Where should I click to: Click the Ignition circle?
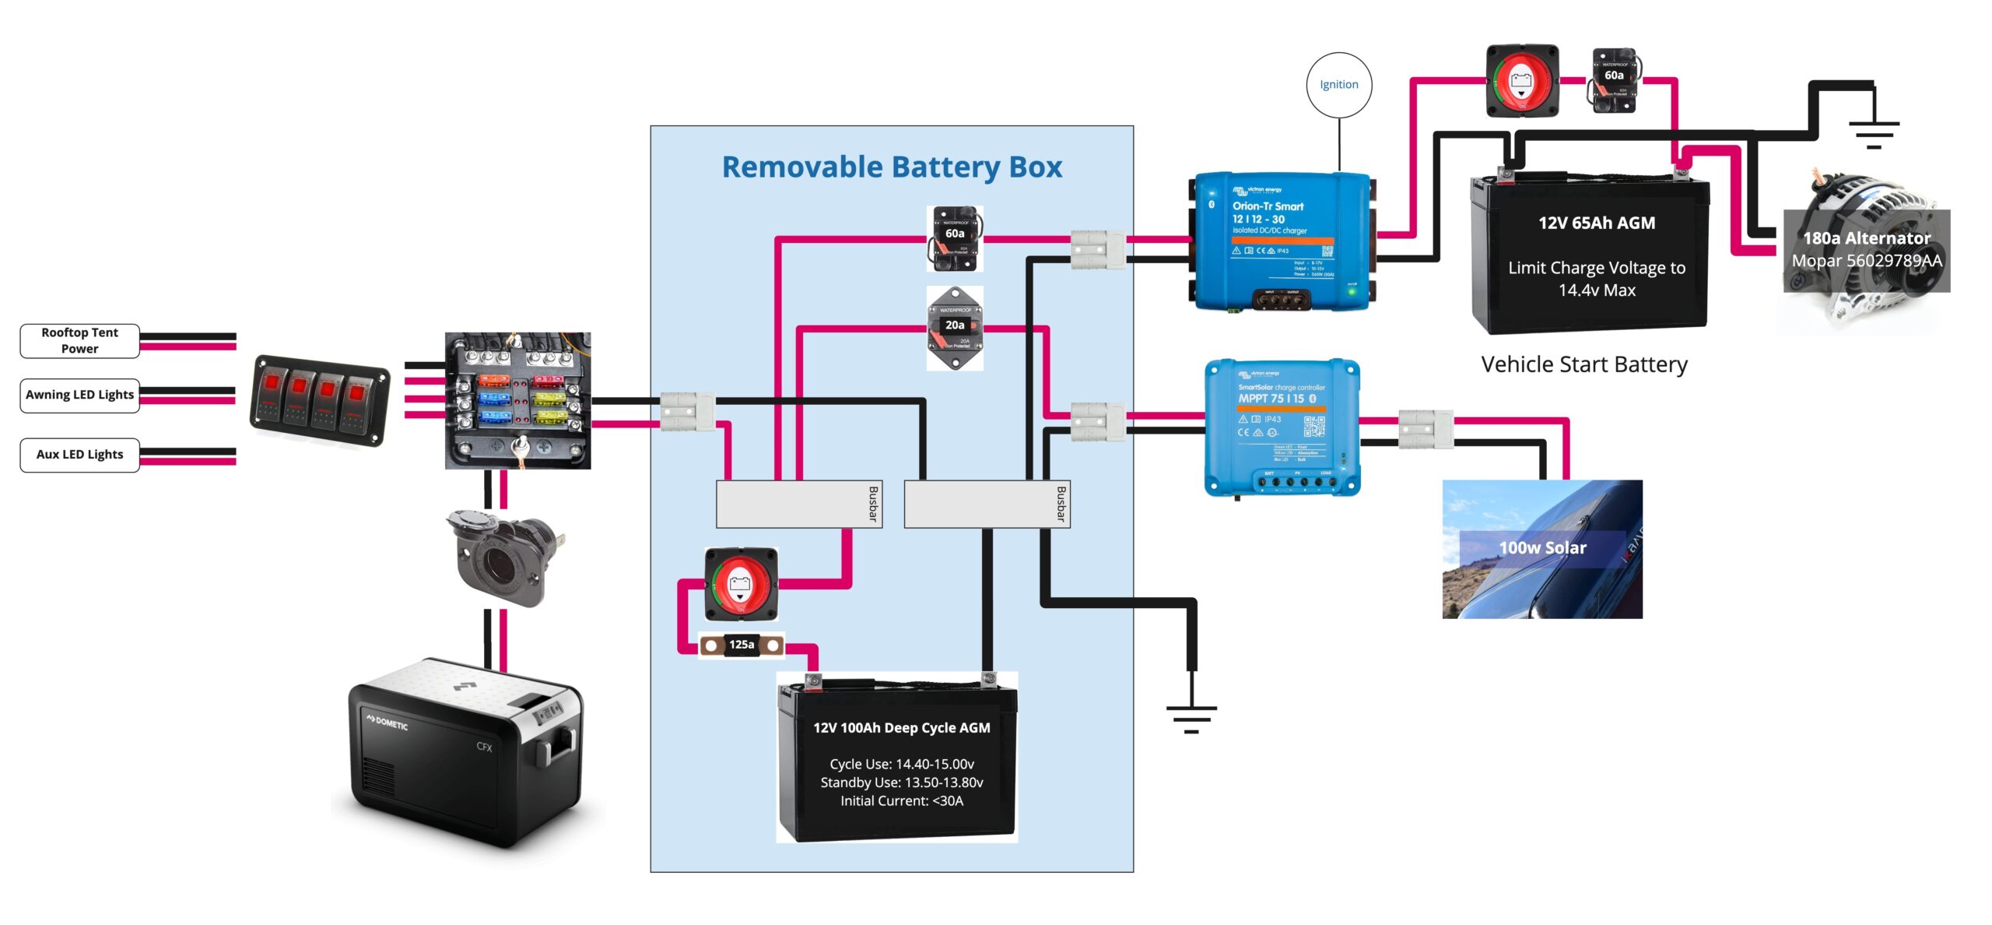click(x=1338, y=85)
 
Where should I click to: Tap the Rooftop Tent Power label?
click(x=79, y=341)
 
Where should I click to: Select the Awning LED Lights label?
click(x=79, y=395)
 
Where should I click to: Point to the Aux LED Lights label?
click(x=79, y=455)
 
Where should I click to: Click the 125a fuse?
click(x=741, y=645)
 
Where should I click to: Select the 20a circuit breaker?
click(x=955, y=328)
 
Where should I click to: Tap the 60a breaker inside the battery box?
click(x=955, y=238)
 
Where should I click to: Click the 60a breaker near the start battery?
click(x=1614, y=80)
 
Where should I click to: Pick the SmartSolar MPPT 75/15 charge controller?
click(x=1282, y=427)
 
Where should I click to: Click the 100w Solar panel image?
click(x=1542, y=549)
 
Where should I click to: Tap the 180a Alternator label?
click(x=1867, y=239)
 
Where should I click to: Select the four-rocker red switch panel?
click(x=320, y=400)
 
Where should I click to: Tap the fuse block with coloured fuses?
click(x=517, y=400)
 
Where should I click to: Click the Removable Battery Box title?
click(x=892, y=167)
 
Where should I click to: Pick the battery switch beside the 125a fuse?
click(x=740, y=583)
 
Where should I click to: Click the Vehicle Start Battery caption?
click(x=1584, y=364)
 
